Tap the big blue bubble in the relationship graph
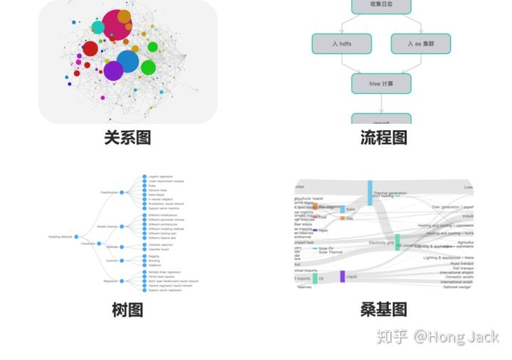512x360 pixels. (127, 61)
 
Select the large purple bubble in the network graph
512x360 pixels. (113, 70)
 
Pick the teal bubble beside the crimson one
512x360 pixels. (98, 28)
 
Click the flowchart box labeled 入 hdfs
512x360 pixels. (341, 43)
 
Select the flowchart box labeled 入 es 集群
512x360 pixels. (420, 43)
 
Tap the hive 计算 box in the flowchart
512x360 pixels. (381, 83)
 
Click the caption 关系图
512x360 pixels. (127, 137)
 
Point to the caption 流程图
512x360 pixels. (383, 137)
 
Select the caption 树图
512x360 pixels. (127, 309)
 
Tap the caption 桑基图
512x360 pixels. (383, 309)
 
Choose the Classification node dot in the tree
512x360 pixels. (122, 192)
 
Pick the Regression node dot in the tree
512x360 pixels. (122, 281)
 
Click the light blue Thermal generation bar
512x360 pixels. (370, 193)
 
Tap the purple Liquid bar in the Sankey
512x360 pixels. (342, 277)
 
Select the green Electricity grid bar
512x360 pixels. (398, 242)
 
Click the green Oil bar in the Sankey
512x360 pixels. (314, 278)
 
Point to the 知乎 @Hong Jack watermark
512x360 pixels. (437, 337)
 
